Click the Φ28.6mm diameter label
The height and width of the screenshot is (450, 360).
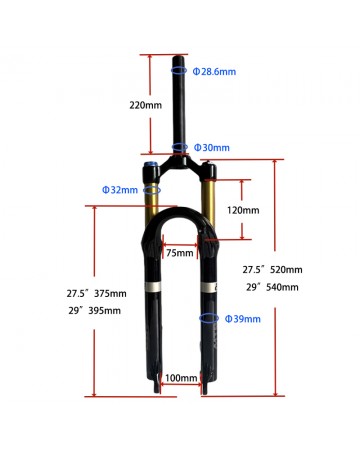coord(214,72)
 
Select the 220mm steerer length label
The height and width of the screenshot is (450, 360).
coord(146,105)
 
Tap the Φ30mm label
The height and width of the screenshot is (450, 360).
coord(212,148)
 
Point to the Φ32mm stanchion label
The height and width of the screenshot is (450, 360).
coord(120,190)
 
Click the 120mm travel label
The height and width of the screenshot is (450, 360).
coord(243,210)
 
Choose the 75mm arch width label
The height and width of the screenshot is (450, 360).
coord(180,253)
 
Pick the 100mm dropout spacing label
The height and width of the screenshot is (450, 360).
coord(181,378)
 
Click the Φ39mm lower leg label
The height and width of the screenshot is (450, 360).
coord(243,319)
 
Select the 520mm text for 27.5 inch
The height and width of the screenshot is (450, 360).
coord(286,270)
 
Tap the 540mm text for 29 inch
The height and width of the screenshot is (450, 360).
coord(282,287)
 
